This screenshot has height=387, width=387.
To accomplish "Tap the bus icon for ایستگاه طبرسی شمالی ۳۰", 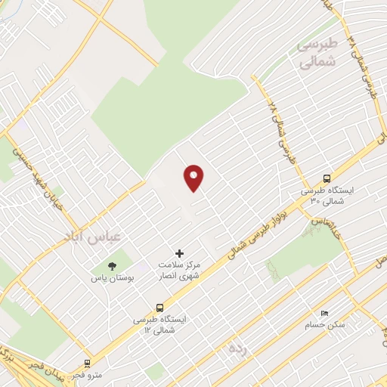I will [x=327, y=178].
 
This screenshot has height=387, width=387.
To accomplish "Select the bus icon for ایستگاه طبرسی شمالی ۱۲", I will [x=159, y=308].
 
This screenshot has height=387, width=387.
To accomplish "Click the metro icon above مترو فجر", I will [x=88, y=363].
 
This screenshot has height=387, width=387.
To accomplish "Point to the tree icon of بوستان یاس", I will [x=113, y=265].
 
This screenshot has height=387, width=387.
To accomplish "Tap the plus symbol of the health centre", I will [x=179, y=252].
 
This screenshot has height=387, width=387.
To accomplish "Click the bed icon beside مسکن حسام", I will [x=324, y=313].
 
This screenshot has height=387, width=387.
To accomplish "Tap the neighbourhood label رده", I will [x=238, y=349].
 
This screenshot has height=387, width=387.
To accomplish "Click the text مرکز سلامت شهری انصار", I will [x=178, y=271].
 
